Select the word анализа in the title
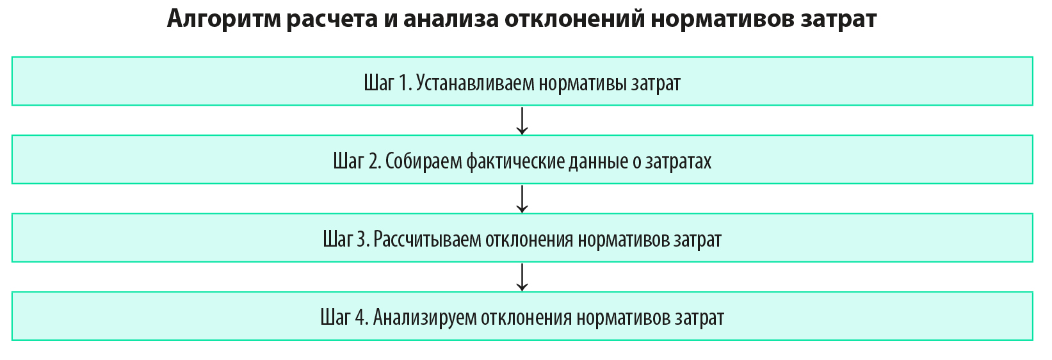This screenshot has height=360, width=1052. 451,19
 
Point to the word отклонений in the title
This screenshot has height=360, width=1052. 575,19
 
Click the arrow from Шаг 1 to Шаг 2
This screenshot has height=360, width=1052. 522,121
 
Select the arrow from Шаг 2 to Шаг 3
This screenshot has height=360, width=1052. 522,199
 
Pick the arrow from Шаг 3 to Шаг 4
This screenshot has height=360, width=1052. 522,277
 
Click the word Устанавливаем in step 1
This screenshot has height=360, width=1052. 475,83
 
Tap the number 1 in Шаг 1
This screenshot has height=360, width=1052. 404,83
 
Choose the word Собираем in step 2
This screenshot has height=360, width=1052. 424,161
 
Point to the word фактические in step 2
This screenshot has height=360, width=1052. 515,161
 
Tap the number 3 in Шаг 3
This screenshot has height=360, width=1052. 364,240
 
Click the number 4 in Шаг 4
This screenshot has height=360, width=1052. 361,318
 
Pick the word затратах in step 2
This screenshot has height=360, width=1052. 679,162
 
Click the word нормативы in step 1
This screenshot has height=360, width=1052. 583,83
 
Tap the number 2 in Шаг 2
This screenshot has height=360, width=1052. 375,161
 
